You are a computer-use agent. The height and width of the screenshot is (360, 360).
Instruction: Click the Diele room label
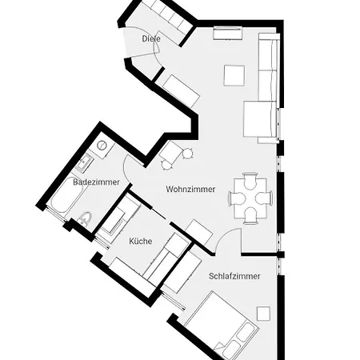coord(151,39)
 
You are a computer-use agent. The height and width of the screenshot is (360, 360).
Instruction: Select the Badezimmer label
coord(90,182)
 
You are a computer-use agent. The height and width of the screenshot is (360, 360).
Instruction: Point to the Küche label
coord(140,240)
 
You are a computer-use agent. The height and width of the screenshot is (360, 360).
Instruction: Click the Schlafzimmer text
coord(234,276)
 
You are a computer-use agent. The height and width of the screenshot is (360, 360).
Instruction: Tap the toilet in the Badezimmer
coord(86,218)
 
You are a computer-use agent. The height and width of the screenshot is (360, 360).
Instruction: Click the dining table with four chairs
coord(250,197)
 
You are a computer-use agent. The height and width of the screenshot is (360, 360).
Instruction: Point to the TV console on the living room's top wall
coord(227,34)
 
